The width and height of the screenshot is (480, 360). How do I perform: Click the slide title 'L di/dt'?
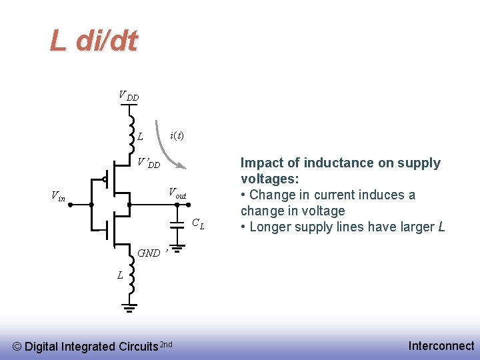click(93, 41)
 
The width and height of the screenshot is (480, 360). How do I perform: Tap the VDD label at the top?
click(129, 96)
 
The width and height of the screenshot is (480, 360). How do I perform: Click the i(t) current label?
click(177, 135)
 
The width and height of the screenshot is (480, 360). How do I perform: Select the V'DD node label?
click(148, 163)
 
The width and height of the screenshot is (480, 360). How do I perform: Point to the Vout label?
click(177, 194)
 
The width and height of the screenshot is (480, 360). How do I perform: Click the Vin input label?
click(59, 196)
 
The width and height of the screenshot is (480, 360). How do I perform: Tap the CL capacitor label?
click(198, 223)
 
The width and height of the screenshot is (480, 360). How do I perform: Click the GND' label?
click(150, 253)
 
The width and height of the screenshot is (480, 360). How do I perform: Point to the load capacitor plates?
click(177, 223)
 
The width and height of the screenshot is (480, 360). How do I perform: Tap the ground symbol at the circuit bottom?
click(130, 307)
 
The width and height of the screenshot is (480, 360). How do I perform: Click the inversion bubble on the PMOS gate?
click(105, 179)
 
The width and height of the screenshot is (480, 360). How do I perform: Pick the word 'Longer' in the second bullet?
click(273, 227)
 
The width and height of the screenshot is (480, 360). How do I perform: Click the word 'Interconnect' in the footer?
click(441, 345)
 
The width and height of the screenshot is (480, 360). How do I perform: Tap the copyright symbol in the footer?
click(18, 347)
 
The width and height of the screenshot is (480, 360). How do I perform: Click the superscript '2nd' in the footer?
click(166, 344)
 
